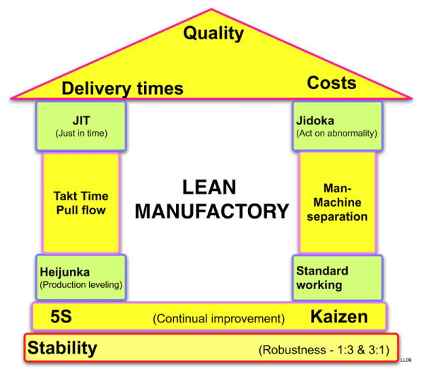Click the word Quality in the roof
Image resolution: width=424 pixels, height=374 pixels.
213,33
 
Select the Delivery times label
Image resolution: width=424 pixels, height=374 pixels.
122,88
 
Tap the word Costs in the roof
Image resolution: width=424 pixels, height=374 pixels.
331,83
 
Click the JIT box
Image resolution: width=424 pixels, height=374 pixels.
80,125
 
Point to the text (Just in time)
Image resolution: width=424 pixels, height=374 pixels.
80,133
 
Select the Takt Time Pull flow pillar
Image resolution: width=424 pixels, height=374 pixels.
80,203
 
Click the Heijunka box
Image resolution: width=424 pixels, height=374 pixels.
81,276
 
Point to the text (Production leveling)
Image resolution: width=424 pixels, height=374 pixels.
81,285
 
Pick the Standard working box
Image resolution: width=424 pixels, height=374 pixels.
337,278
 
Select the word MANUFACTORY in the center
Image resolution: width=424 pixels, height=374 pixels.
213,211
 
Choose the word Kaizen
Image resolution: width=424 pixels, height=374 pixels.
339,317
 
